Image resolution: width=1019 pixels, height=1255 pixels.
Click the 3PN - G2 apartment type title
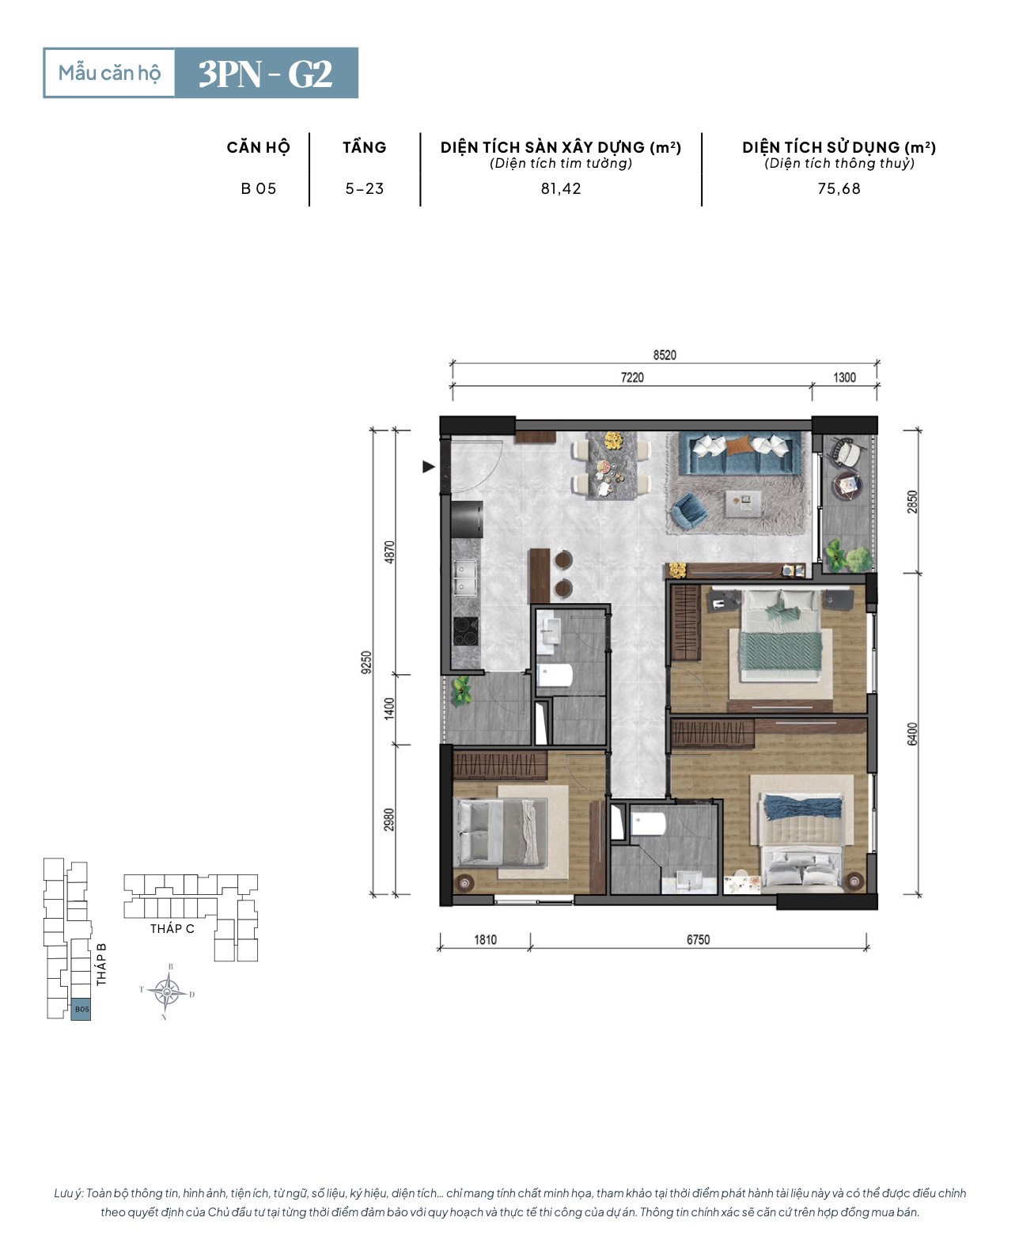(265, 74)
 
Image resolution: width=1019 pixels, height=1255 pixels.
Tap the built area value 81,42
(561, 188)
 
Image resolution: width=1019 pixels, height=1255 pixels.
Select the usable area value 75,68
(839, 188)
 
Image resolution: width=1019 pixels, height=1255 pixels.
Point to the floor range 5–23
(365, 188)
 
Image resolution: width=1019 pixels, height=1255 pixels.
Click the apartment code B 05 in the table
(259, 188)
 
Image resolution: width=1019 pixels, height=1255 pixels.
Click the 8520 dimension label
(665, 355)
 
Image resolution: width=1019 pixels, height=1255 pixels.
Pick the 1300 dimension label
(844, 377)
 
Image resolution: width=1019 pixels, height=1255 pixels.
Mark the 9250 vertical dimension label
(366, 662)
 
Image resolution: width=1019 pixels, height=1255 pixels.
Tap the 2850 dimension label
(911, 502)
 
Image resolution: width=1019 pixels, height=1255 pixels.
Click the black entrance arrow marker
(429, 467)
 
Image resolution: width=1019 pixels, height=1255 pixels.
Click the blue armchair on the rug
(691, 510)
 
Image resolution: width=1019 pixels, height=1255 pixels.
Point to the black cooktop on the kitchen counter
(465, 631)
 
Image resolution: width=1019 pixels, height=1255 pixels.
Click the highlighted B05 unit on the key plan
(81, 1010)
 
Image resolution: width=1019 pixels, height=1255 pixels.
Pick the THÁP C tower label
(172, 929)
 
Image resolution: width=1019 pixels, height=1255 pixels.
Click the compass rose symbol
(167, 992)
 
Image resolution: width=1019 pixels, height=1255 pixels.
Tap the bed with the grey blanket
(500, 832)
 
